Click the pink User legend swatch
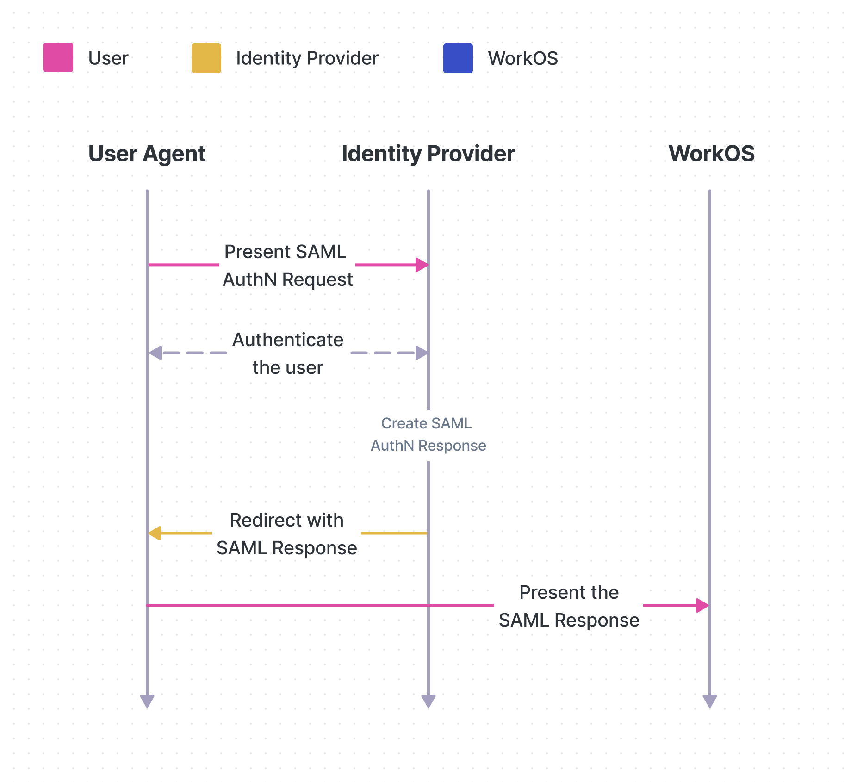click(x=58, y=58)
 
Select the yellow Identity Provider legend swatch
click(x=206, y=58)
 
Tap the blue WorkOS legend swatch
click(x=458, y=58)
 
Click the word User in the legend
click(x=108, y=58)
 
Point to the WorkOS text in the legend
click(x=523, y=58)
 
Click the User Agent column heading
click(x=147, y=154)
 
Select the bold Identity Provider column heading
click(x=428, y=154)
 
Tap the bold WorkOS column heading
click(x=711, y=154)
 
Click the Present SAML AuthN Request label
click(x=287, y=266)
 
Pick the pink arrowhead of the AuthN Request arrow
click(x=422, y=265)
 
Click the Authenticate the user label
click(x=288, y=353)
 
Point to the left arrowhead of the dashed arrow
click(x=155, y=353)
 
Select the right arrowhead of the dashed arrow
click(x=422, y=353)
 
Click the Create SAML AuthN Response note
click(x=428, y=434)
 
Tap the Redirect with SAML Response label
click(x=287, y=534)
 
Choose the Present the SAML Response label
click(x=569, y=606)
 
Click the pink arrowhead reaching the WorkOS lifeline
click(x=702, y=605)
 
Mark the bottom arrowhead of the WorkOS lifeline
click(x=709, y=701)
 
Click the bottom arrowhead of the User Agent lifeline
click(x=147, y=701)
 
